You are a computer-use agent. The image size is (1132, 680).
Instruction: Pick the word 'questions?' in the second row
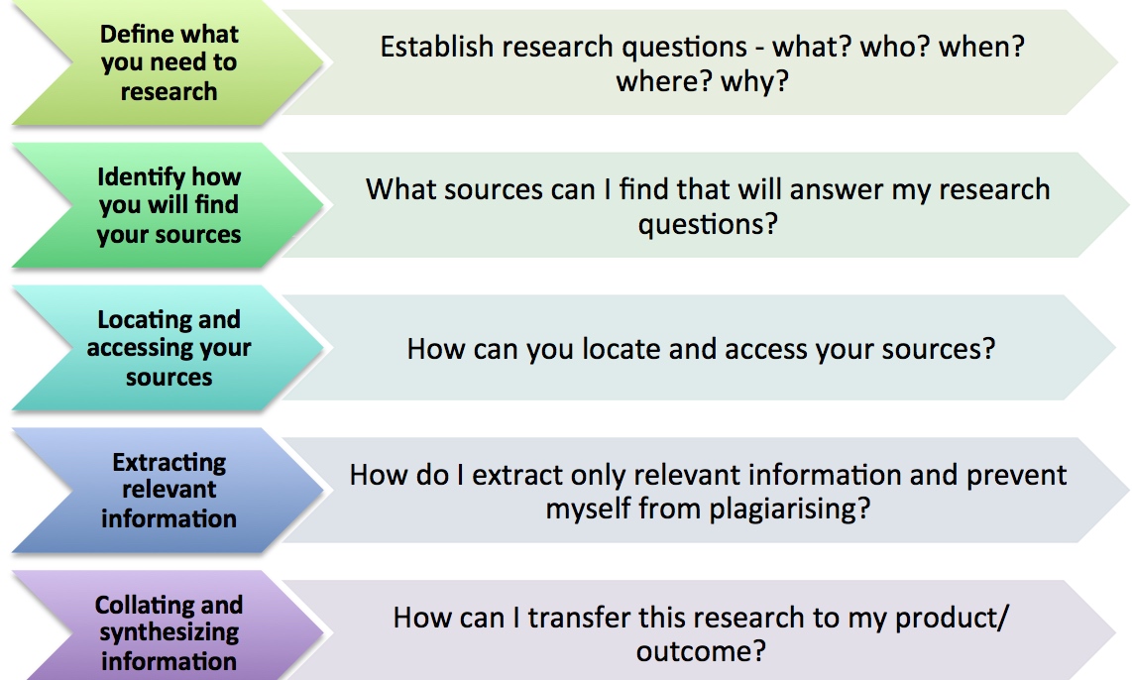pos(708,224)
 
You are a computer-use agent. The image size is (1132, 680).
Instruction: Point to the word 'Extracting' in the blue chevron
pos(169,462)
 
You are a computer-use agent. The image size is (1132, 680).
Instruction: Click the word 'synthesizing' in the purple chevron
pos(169,633)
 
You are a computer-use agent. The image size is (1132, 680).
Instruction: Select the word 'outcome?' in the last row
pos(700,652)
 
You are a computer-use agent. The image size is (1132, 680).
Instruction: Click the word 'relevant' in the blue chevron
pos(169,490)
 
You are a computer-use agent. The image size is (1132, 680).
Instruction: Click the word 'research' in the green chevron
pos(169,91)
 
